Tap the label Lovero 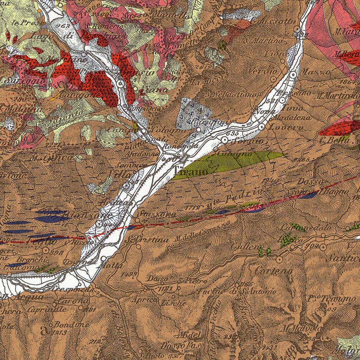point(285,127)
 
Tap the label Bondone point(71,324)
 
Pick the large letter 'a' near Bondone point(45,330)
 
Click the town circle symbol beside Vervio point(284,61)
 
